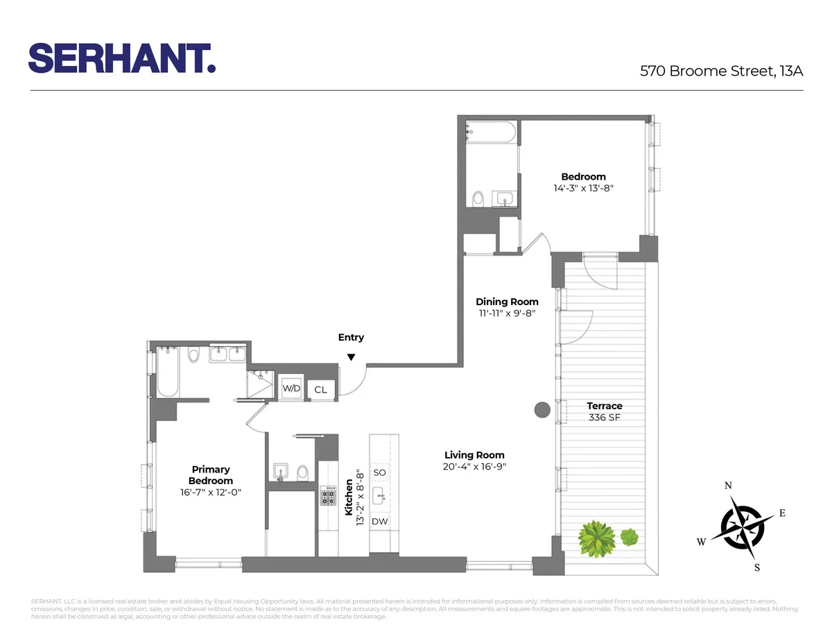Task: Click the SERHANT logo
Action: tap(121, 58)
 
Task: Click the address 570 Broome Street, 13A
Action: tap(721, 70)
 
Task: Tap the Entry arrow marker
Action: tap(351, 357)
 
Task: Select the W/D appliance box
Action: tap(291, 389)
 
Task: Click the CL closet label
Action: tap(320, 390)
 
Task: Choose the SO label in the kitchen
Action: tap(379, 472)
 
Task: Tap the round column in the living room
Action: tap(542, 410)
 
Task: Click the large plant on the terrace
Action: tap(595, 538)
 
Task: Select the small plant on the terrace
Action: tap(629, 536)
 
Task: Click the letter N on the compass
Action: tap(729, 486)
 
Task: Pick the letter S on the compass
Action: tap(757, 567)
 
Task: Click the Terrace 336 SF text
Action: tap(605, 411)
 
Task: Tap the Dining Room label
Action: tap(507, 302)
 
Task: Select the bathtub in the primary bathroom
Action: tap(168, 373)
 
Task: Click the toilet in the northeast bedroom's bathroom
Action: tap(478, 199)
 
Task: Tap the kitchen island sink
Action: tap(379, 496)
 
